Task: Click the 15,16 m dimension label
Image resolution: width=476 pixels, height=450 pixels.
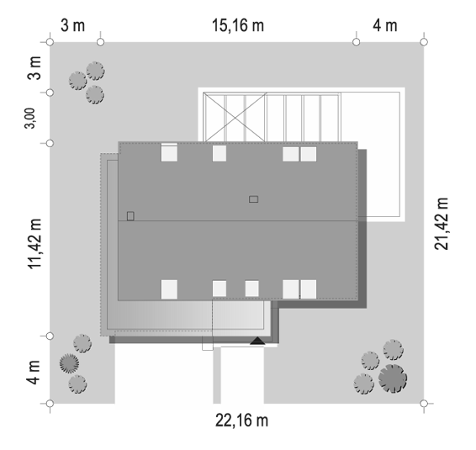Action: (238, 25)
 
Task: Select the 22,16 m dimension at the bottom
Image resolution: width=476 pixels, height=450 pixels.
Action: (241, 421)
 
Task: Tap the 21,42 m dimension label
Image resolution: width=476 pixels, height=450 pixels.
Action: (441, 224)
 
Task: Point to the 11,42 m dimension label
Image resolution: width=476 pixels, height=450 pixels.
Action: (34, 244)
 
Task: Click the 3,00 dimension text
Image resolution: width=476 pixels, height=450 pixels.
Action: (29, 119)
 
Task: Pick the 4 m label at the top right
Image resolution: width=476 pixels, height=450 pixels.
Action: (385, 25)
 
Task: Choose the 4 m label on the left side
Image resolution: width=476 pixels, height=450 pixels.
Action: (34, 373)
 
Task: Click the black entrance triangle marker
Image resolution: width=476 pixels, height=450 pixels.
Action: (257, 341)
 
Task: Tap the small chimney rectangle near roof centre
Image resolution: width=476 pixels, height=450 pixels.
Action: (253, 199)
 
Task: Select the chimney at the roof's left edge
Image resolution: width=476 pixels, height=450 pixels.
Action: (130, 216)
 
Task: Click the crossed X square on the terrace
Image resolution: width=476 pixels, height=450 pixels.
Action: (235, 117)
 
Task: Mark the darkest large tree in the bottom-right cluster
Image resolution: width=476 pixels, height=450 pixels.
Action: (393, 379)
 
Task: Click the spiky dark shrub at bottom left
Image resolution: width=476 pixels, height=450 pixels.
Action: (69, 363)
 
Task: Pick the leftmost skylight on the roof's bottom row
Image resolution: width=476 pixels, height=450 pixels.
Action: (169, 289)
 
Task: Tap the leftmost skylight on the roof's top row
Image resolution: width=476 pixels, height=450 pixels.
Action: (169, 153)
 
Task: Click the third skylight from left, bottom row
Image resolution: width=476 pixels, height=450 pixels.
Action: (252, 289)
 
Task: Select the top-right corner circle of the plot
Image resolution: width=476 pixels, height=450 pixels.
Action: (425, 42)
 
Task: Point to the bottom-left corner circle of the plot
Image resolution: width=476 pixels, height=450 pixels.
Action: (50, 404)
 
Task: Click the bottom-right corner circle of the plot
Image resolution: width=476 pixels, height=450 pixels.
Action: (425, 404)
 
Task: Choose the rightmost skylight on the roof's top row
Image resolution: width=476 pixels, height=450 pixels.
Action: (309, 154)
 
